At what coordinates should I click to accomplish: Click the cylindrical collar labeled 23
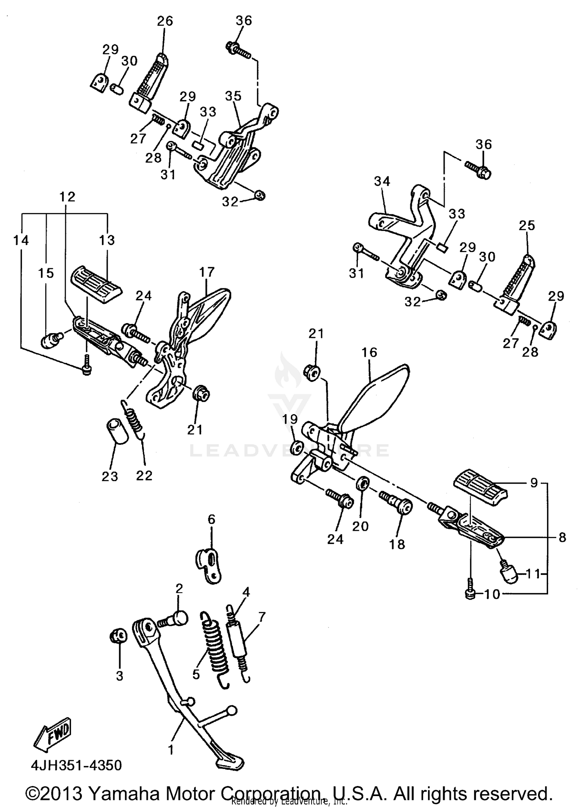(x=117, y=432)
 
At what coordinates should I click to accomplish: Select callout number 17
(x=207, y=272)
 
